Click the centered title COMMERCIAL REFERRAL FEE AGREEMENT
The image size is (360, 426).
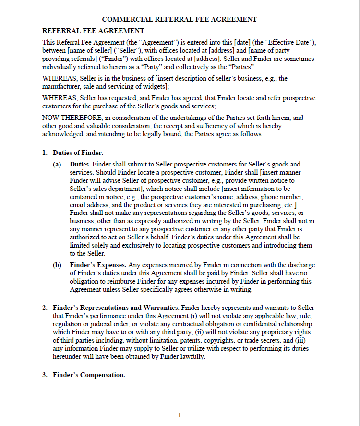coord(180,19)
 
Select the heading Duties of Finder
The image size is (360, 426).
coord(78,153)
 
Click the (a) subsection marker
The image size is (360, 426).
coord(57,164)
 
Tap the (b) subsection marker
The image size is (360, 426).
coord(57,265)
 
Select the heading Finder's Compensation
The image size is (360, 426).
coord(89,375)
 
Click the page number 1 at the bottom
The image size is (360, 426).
coord(180,415)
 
